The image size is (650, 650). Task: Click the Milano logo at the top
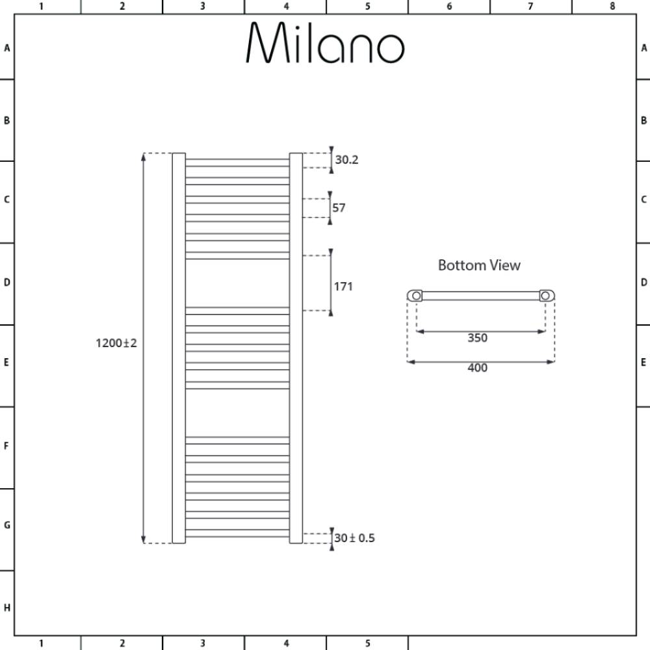tap(325, 42)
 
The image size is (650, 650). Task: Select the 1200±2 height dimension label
tap(116, 343)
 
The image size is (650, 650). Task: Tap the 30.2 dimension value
tap(346, 160)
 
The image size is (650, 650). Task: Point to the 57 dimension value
tap(339, 208)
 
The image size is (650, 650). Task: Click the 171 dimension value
tap(343, 287)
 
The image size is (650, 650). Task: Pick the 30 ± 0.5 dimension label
tap(354, 538)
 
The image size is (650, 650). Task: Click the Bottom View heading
tap(479, 265)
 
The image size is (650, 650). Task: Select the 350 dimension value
tap(478, 338)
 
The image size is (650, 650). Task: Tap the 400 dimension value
tap(478, 368)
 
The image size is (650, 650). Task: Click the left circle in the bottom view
tap(416, 296)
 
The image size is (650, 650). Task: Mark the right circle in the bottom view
tap(545, 296)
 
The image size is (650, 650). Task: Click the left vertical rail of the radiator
tap(179, 348)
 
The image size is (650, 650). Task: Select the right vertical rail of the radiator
tap(296, 348)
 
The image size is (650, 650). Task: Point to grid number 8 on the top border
tap(612, 6)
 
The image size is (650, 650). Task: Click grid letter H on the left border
tap(7, 608)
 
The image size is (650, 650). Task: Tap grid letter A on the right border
tap(643, 48)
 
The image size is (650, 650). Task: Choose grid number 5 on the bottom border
tap(368, 643)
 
